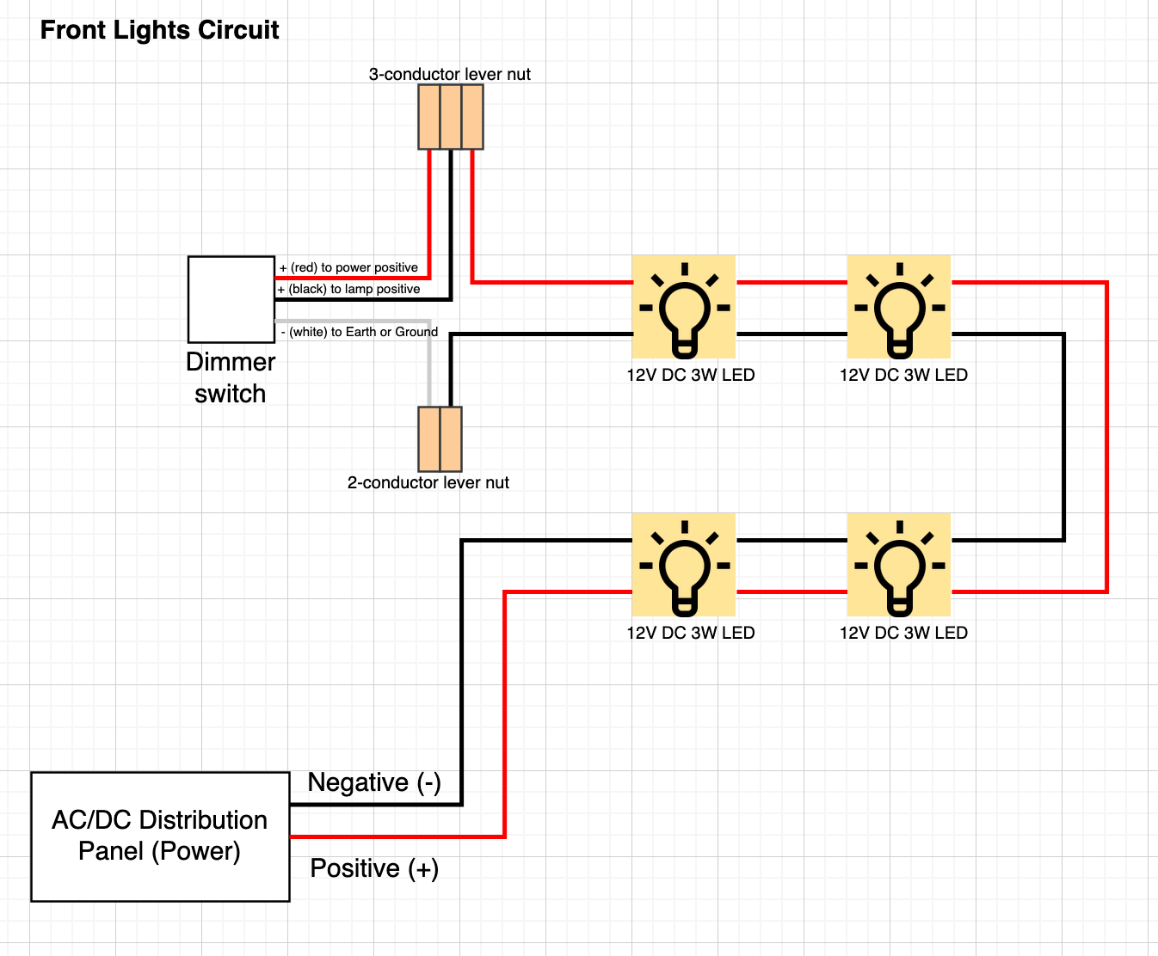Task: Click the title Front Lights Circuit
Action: [x=159, y=30]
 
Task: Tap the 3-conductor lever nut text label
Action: [x=449, y=74]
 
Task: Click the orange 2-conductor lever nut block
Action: [x=440, y=438]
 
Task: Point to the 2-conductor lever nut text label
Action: [x=428, y=482]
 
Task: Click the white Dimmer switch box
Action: [x=231, y=298]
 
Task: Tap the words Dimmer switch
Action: [x=230, y=377]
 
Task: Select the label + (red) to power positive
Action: [x=348, y=267]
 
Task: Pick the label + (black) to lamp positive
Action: [x=348, y=289]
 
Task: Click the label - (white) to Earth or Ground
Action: [x=360, y=332]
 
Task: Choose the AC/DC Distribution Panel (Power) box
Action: [x=160, y=836]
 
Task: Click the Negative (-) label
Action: [x=374, y=782]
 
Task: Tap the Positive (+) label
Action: [x=374, y=868]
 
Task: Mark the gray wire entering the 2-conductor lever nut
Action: [x=428, y=370]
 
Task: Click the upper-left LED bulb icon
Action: [x=684, y=307]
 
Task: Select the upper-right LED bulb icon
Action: [x=899, y=307]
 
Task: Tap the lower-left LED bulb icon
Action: [x=684, y=565]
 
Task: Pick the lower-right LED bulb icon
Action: [x=899, y=565]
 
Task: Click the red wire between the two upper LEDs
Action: [x=792, y=282]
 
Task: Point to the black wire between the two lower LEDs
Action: [x=792, y=541]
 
